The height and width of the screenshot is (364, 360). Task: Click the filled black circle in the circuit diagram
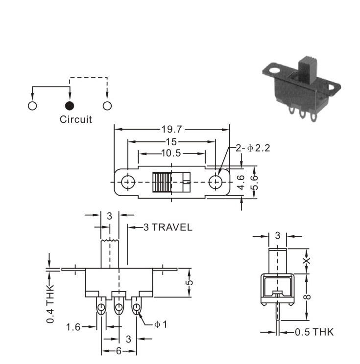pos(70,106)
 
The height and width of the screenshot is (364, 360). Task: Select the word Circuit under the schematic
pos(76,119)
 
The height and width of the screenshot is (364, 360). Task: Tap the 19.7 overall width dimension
pos(172,129)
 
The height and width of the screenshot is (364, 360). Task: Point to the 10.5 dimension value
pos(171,153)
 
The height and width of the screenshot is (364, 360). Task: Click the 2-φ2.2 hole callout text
pos(253,148)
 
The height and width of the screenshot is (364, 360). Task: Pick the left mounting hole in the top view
pos(128,182)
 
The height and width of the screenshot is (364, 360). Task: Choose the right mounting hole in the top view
pos(216,182)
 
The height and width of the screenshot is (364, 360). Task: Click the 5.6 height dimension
pos(255,182)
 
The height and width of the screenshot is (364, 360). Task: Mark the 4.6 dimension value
pos(241,182)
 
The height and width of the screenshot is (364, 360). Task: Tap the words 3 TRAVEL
pos(168,227)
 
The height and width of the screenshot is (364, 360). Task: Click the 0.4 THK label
pos(50,304)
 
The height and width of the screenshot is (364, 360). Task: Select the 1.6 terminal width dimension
pos(73,327)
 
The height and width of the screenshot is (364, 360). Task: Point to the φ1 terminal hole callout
pos(161,324)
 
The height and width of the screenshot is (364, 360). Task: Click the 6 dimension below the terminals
pos(119,351)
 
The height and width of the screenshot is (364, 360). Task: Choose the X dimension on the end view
pos(307,261)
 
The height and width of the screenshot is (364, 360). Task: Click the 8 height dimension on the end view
pos(307,296)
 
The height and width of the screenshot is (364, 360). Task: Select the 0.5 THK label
pos(314,332)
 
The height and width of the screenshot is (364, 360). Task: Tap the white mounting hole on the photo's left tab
pos(275,70)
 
